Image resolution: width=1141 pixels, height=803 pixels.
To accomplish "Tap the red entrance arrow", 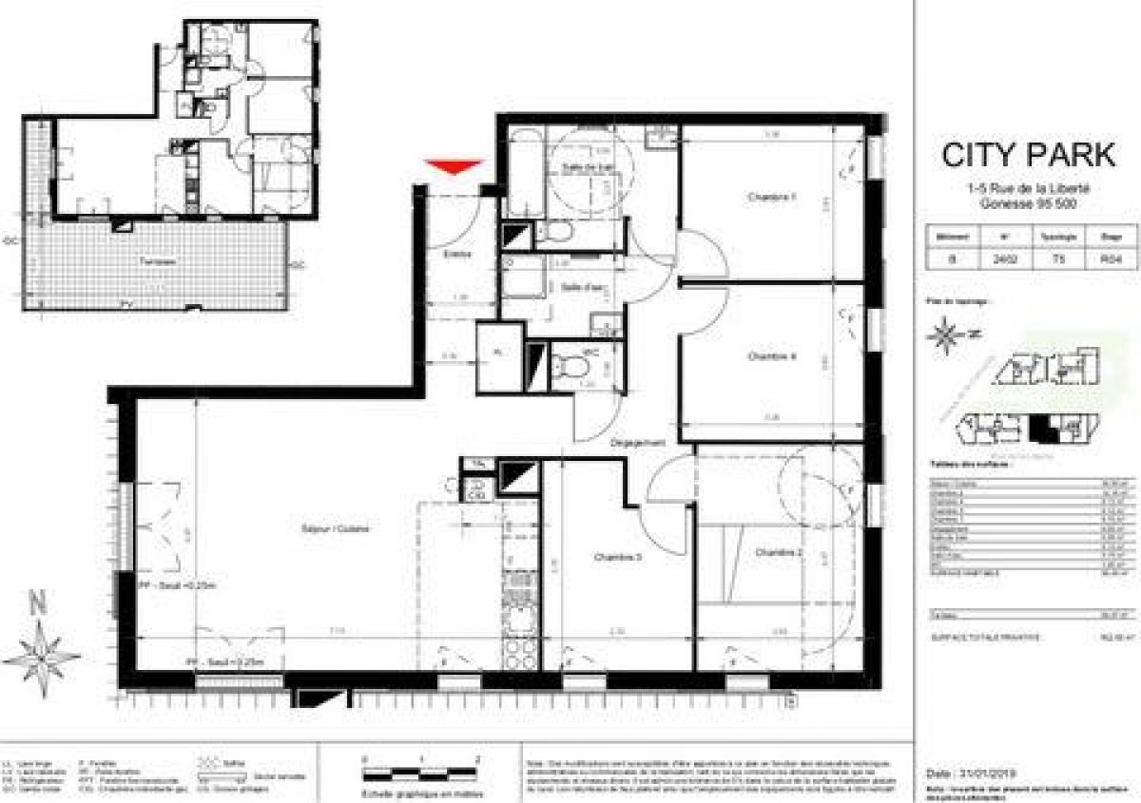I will [453, 168].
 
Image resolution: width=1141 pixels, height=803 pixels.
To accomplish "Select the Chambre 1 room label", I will [770, 198].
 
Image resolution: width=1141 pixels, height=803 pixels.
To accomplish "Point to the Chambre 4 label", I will [771, 357].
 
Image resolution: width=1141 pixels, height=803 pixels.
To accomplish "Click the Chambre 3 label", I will [619, 557].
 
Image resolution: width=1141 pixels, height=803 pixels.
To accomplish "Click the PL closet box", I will [499, 356].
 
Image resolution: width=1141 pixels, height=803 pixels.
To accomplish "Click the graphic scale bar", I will [419, 771].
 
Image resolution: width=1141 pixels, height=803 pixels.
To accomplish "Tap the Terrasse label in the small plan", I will [156, 260].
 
